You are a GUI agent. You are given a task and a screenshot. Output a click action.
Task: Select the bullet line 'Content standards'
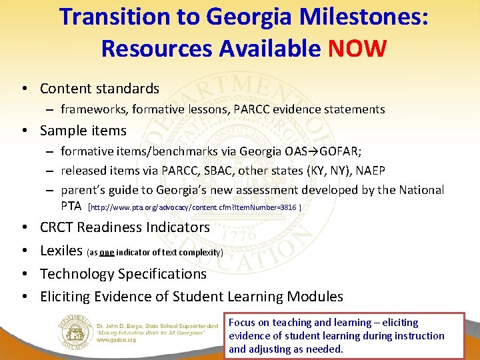[x=99, y=89]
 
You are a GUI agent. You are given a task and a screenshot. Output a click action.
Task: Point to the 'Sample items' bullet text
[x=83, y=131]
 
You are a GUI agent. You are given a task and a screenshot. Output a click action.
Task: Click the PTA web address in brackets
[x=194, y=207]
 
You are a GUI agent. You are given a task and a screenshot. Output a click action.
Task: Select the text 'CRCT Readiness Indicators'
[x=125, y=227]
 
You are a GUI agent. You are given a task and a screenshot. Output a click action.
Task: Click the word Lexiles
[x=61, y=251]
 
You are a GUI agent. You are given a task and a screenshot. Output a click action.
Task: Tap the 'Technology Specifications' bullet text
[x=123, y=274]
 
